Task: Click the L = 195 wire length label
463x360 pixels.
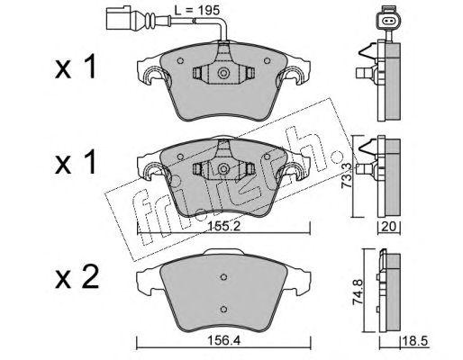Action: click(197, 11)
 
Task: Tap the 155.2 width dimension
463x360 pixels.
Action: click(222, 227)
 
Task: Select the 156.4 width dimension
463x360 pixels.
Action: click(223, 341)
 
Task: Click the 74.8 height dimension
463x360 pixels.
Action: click(358, 292)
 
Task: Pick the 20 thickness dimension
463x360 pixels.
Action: click(388, 227)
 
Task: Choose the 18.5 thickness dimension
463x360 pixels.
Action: click(414, 341)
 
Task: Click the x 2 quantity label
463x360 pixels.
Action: click(77, 277)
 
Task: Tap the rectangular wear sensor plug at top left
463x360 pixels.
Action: click(119, 18)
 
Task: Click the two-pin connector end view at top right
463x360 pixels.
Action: click(389, 21)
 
